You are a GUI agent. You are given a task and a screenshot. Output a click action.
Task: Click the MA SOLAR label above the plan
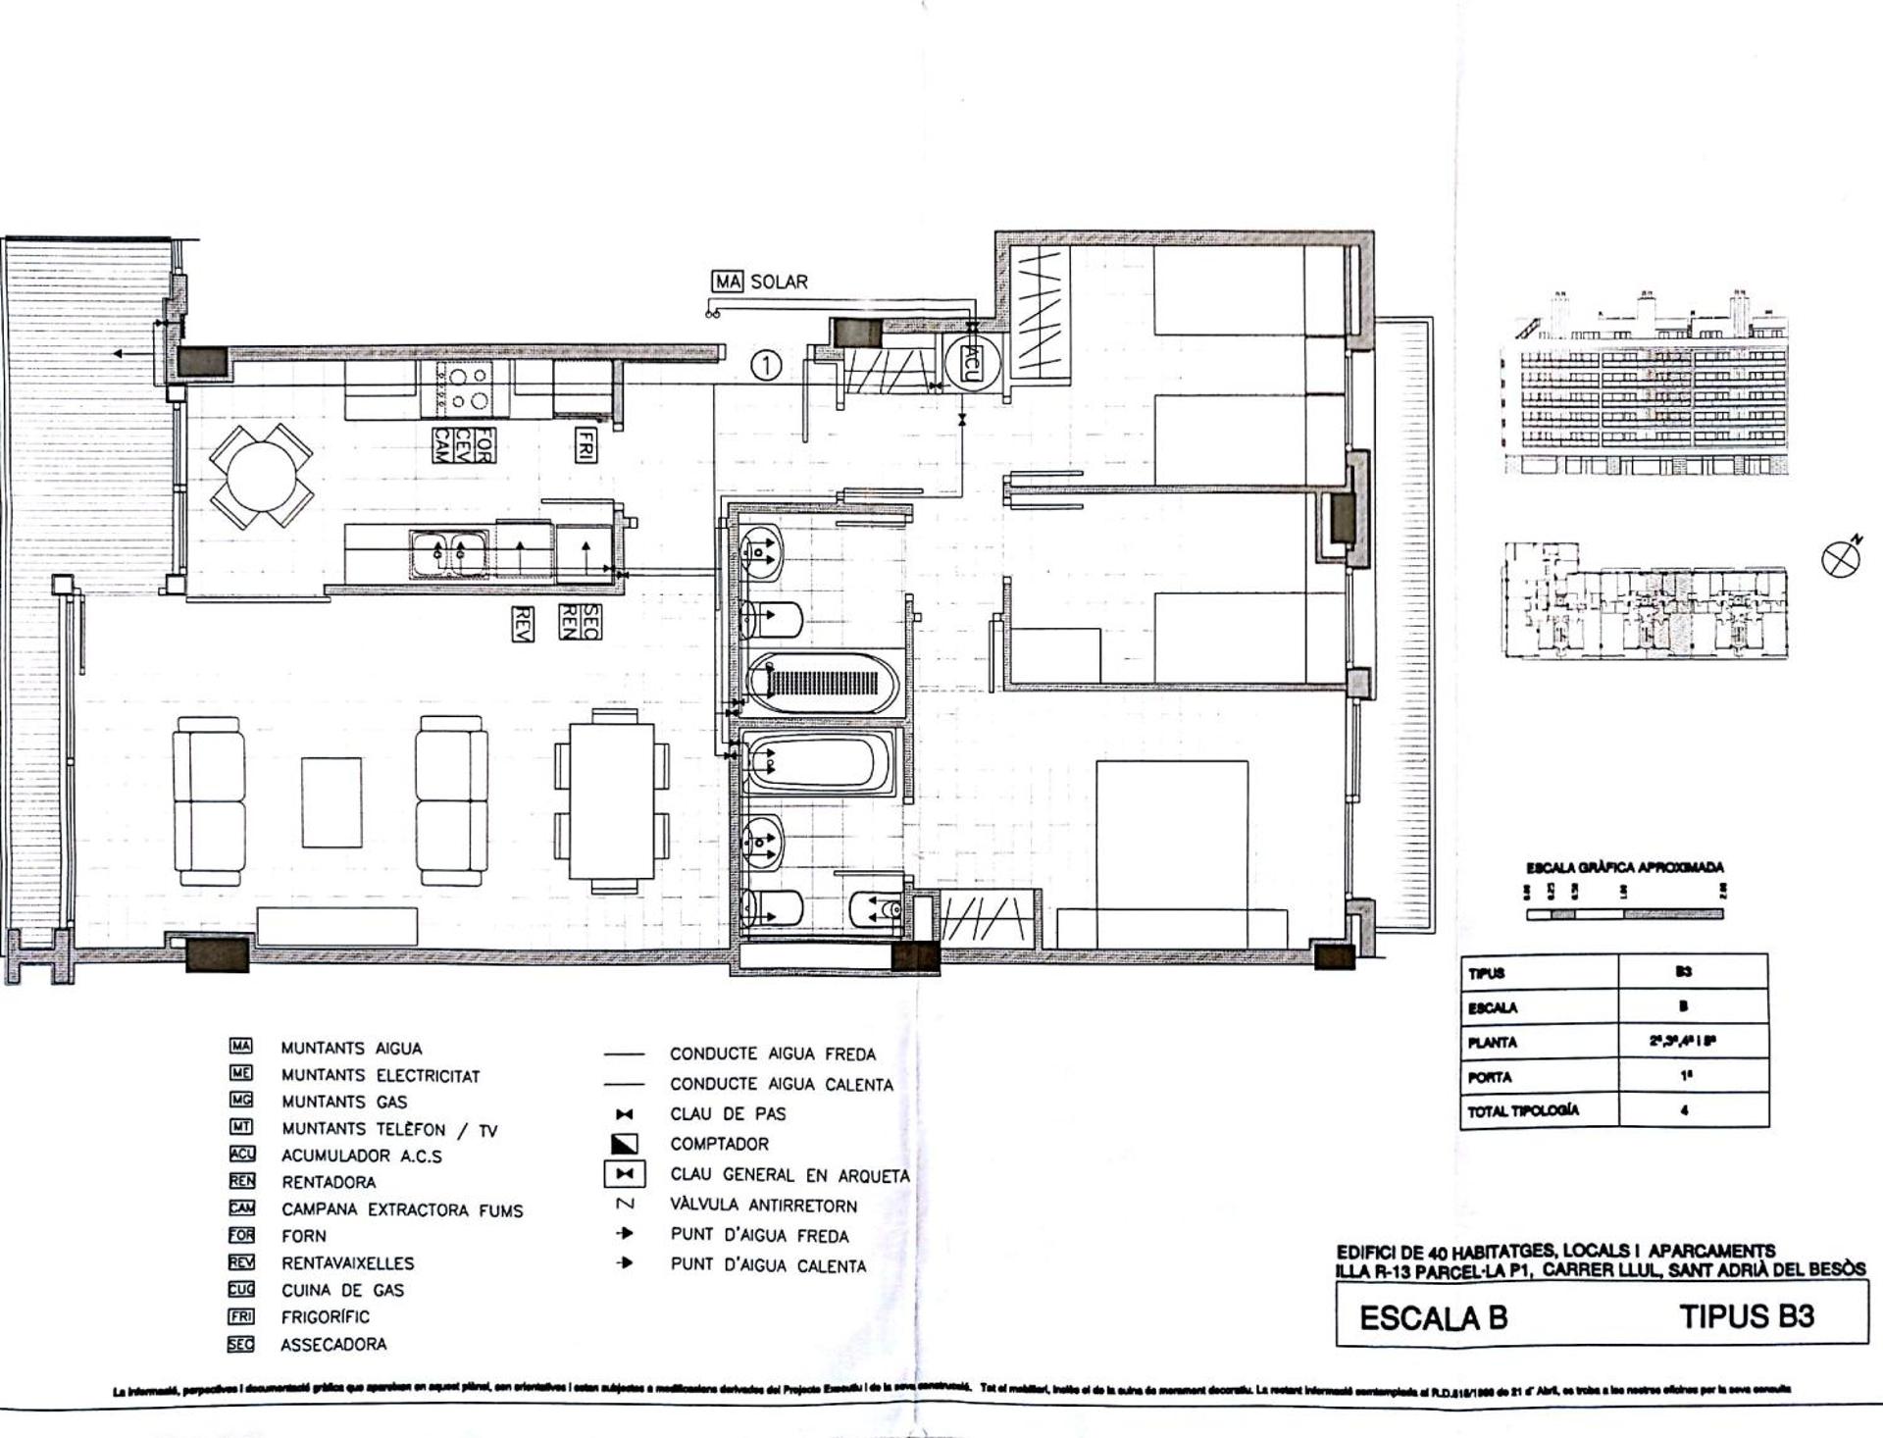760,282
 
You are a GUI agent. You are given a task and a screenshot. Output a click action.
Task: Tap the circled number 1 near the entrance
766,366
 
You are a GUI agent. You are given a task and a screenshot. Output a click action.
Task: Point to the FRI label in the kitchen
585,444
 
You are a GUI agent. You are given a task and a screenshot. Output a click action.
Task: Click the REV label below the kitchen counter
523,624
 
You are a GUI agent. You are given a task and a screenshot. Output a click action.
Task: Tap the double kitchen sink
450,555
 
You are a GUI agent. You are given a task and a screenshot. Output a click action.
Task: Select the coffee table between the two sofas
331,801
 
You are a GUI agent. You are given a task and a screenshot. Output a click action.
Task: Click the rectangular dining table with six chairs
612,801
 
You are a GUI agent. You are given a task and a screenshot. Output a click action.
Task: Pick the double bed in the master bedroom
1172,844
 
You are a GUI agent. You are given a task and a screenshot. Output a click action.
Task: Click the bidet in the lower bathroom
876,910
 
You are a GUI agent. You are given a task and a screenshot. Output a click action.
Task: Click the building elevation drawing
1646,387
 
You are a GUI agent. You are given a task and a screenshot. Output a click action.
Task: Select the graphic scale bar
1624,914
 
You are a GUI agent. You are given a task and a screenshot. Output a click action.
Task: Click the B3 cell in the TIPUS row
1683,971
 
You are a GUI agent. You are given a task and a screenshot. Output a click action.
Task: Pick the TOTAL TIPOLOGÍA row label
1523,1111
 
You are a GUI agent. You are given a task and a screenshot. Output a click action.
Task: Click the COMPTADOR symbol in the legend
625,1144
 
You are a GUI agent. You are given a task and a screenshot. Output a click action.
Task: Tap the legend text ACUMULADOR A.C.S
361,1156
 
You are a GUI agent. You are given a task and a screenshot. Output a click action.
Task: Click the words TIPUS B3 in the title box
1746,1316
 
